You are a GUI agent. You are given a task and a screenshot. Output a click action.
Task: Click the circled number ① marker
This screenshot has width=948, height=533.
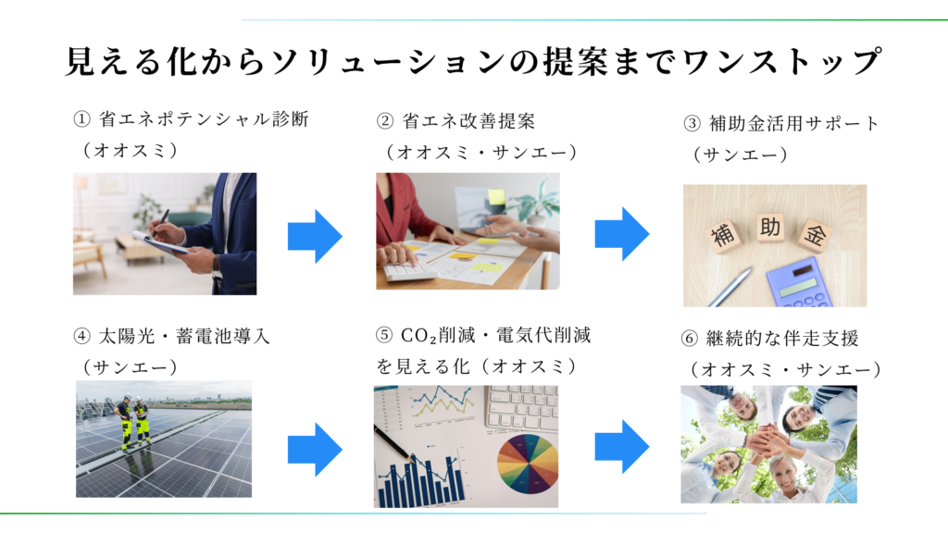81,119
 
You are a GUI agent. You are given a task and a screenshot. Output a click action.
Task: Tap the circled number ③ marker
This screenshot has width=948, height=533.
692,124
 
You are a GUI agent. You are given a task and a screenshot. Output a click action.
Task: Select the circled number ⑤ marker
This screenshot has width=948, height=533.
384,335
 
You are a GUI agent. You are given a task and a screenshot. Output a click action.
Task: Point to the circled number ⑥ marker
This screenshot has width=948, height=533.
689,339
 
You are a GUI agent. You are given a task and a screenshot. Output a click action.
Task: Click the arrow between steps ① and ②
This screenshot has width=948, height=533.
315,236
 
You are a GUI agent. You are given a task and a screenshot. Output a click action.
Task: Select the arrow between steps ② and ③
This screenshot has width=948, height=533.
622,234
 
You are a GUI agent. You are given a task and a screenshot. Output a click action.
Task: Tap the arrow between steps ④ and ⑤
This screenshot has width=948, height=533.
315,450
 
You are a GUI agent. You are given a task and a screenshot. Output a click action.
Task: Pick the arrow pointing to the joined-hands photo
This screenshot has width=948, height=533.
622,447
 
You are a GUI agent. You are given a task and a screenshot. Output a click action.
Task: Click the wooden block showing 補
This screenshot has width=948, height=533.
723,234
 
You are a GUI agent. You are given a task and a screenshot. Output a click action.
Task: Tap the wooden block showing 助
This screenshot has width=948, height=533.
769,228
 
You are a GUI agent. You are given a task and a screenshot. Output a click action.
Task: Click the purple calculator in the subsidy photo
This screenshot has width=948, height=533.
800,283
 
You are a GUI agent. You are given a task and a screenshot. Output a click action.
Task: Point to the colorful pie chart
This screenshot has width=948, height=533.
527,464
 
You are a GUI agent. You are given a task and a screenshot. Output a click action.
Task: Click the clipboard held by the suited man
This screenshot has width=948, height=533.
158,243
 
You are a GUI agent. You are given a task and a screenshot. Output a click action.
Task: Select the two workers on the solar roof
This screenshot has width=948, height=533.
133,423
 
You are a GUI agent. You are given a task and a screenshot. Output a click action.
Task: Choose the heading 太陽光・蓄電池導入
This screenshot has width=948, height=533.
184,336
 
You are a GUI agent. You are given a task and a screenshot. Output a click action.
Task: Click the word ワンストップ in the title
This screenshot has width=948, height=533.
780,62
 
